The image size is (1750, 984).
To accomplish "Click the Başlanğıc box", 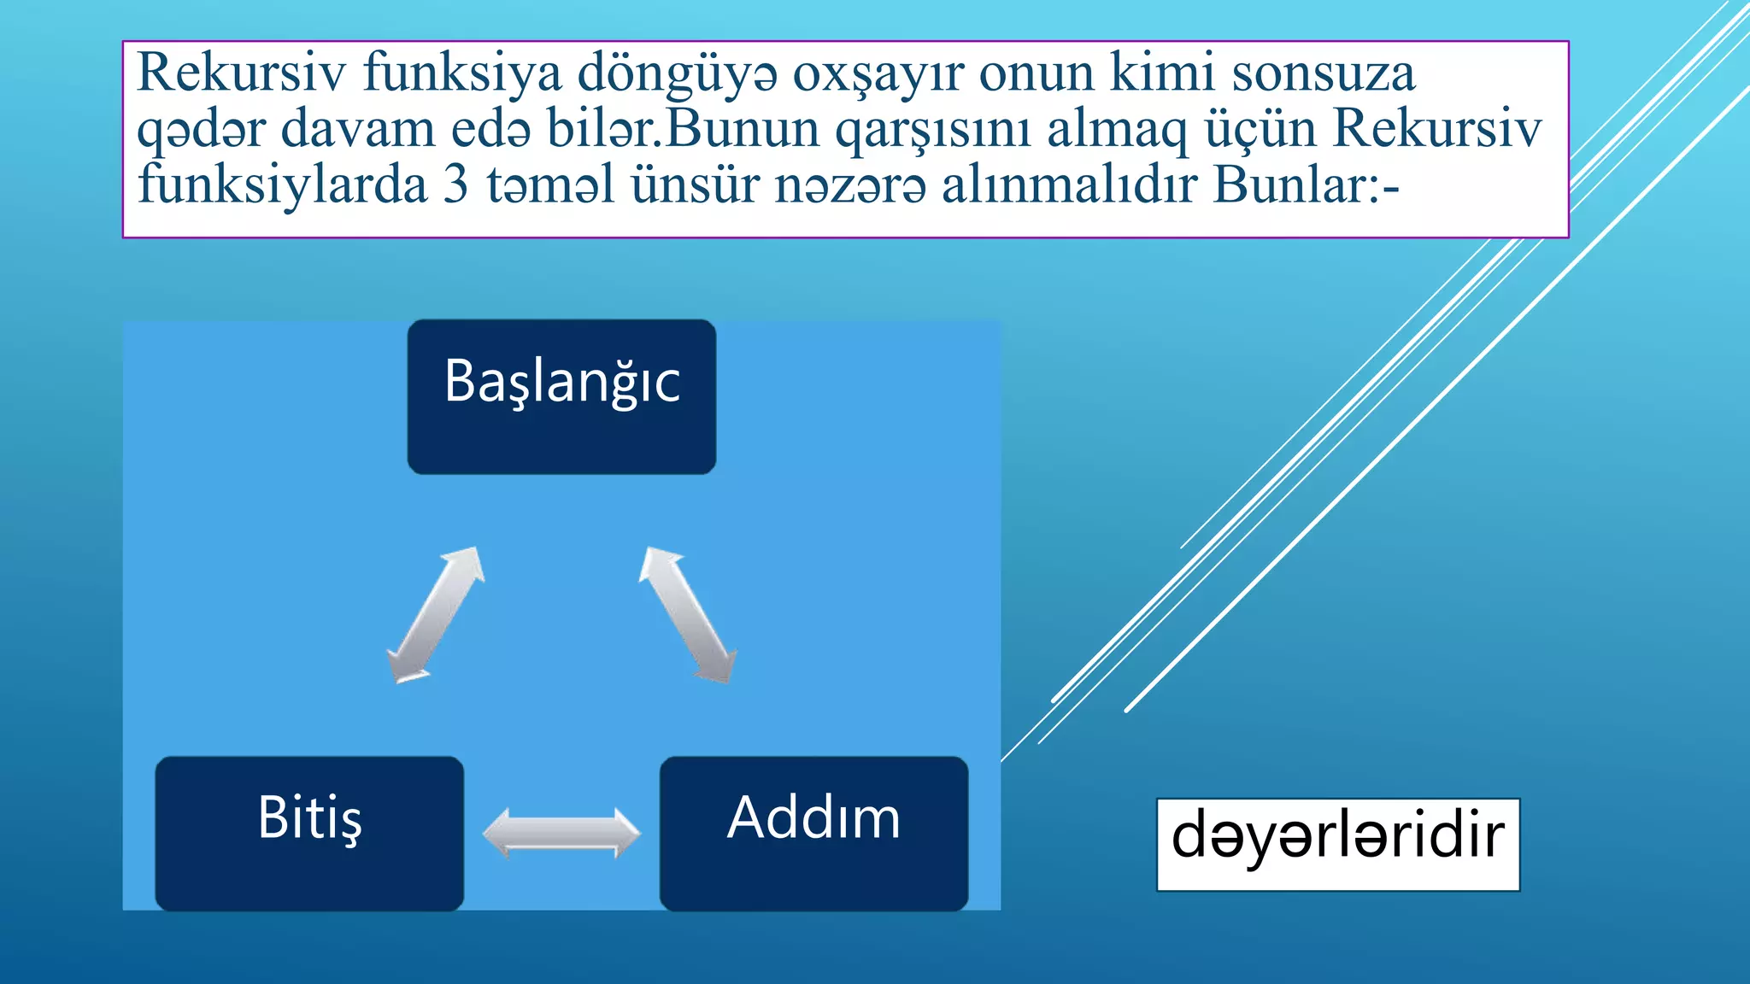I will pyautogui.click(x=561, y=396).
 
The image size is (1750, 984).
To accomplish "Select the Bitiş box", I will pyautogui.click(x=309, y=832).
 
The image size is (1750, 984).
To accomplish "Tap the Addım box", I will pyautogui.click(x=813, y=832).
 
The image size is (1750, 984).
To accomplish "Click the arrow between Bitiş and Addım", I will pyautogui.click(x=561, y=833).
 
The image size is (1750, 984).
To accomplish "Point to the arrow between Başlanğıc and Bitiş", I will pyautogui.click(x=436, y=615).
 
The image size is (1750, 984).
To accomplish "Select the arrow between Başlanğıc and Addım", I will pyautogui.click(x=688, y=615).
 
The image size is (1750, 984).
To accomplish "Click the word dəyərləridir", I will pyautogui.click(x=1337, y=837).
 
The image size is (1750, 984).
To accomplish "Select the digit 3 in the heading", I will pyautogui.click(x=456, y=184).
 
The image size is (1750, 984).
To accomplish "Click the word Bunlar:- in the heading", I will pyautogui.click(x=1307, y=184).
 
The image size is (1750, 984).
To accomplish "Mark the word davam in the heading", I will pyautogui.click(x=358, y=129).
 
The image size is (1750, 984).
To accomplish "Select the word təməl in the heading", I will pyautogui.click(x=550, y=184).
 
